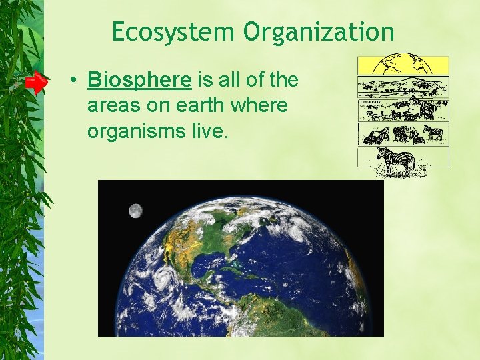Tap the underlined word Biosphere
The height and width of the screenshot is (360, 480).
tap(139, 81)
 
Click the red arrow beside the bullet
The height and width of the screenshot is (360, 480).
tap(37, 83)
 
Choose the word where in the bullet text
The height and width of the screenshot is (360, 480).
tap(262, 106)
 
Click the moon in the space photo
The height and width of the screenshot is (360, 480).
tap(135, 211)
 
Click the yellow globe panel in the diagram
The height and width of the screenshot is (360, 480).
tap(403, 65)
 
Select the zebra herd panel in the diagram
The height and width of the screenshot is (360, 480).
tap(403, 134)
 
